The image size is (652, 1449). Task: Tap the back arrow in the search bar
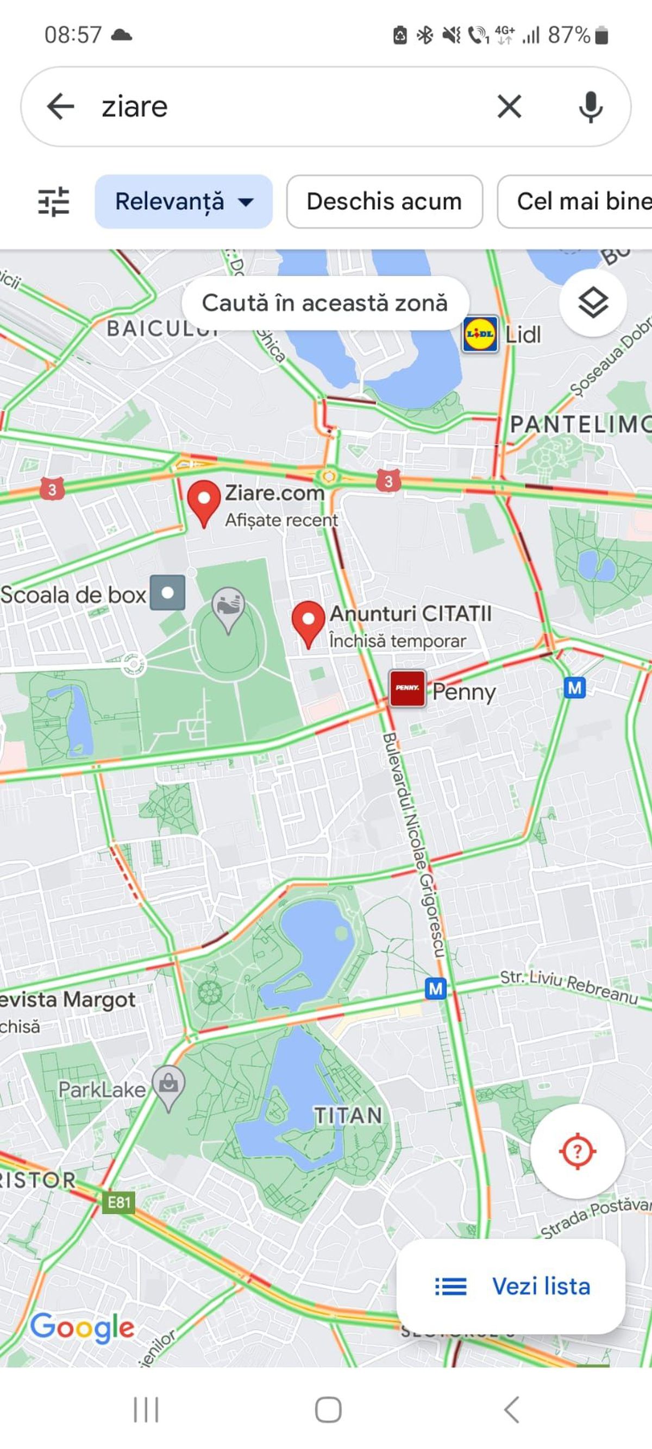61,106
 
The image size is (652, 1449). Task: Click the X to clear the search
509,106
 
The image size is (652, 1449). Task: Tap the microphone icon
590,107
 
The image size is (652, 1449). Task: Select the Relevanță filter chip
184,201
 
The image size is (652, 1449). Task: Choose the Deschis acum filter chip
384,201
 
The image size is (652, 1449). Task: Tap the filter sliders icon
53,201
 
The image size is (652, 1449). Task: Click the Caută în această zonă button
324,303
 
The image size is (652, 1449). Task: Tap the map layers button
593,303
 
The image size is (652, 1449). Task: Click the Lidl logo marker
480,334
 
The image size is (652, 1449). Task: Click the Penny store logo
407,688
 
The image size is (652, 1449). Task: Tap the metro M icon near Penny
574,688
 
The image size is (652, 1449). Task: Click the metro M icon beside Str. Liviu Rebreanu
436,989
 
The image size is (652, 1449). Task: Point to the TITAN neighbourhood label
348,1116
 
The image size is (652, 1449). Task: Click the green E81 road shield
118,1202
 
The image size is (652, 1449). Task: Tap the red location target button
577,1151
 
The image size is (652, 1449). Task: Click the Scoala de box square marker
167,593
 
